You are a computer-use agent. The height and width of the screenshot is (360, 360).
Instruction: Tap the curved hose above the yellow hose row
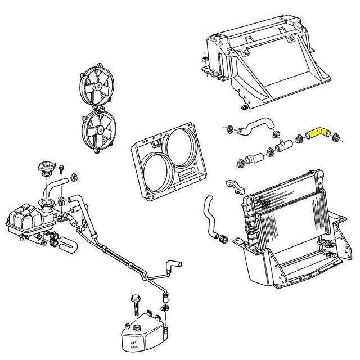click(x=255, y=128)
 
